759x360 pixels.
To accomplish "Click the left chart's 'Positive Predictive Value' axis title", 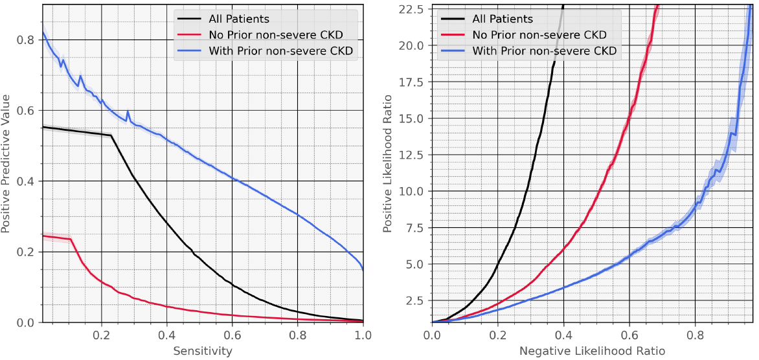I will point(6,163).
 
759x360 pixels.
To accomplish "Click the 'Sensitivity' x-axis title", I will point(203,351).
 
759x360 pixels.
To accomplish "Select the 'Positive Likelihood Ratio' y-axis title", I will point(388,163).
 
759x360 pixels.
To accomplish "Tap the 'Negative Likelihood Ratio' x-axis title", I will point(592,351).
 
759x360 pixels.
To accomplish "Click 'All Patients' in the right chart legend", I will point(503,19).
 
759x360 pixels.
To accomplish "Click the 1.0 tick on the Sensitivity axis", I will point(363,336).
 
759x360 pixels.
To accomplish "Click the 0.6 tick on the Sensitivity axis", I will point(232,336).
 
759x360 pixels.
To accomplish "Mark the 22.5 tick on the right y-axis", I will point(412,8).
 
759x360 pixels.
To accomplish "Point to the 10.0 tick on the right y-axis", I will point(412,191).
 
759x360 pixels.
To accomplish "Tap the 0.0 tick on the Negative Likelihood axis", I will point(432,336).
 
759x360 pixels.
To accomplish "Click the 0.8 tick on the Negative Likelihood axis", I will point(695,336).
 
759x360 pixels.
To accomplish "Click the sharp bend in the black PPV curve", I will point(111,135).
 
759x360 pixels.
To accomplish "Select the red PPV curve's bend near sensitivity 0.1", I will point(70,240).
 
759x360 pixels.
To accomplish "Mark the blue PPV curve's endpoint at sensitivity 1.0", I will point(363,269).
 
